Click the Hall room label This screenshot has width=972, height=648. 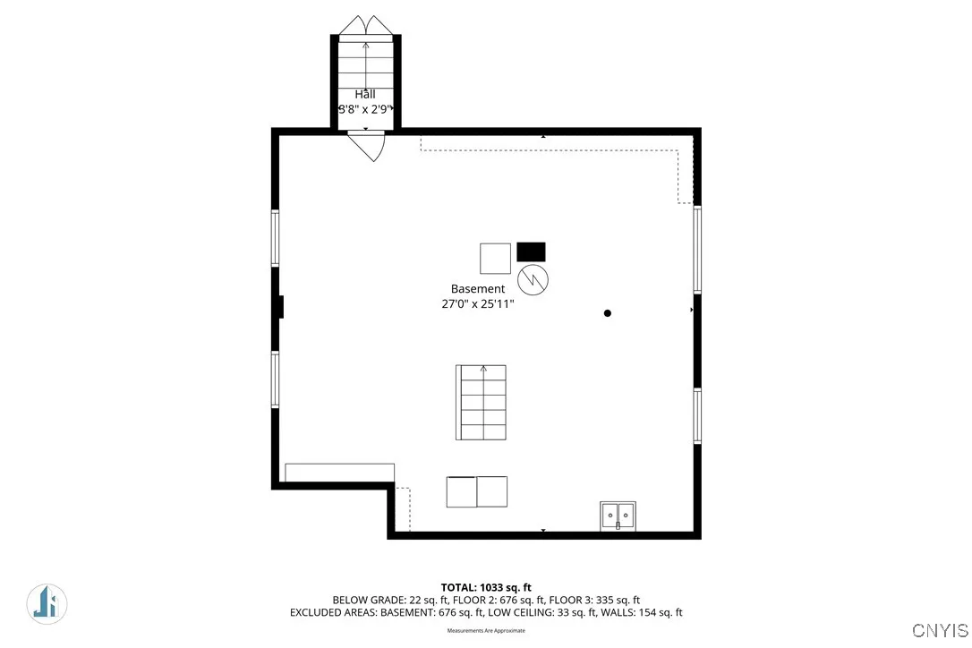tap(364, 94)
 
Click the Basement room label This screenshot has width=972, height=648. tap(477, 289)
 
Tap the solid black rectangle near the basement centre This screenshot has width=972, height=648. tap(531, 252)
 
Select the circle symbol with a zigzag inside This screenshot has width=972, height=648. tap(533, 279)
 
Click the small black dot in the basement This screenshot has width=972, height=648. tap(608, 313)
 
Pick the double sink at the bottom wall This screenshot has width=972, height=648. tap(618, 515)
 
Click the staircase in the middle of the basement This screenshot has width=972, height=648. tap(481, 402)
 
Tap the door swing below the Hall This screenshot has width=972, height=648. tap(367, 145)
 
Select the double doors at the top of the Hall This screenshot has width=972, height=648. tap(365, 26)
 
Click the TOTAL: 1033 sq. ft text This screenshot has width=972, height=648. tap(486, 587)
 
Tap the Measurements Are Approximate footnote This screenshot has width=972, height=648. tap(486, 631)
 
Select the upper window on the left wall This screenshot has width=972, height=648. tap(276, 237)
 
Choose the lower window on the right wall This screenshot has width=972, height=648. tap(697, 416)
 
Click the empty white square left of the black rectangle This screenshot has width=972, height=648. tap(495, 258)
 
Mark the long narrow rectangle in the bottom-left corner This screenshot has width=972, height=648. tap(339, 473)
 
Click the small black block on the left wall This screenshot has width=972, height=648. tap(280, 307)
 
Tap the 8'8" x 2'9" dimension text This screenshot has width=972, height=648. tap(366, 109)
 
